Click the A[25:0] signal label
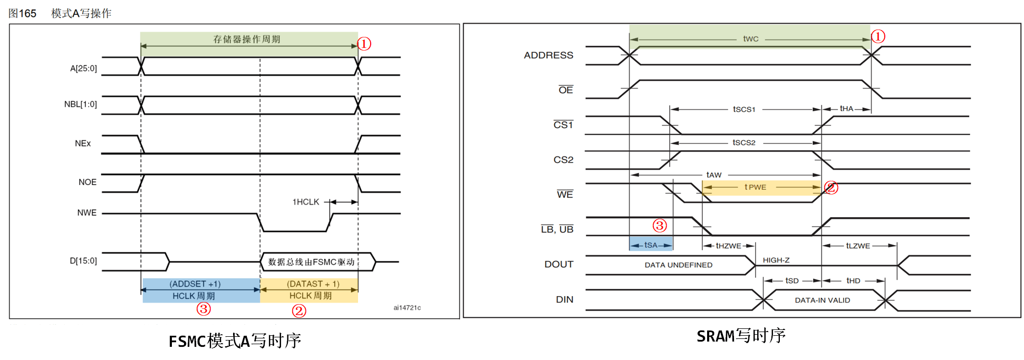tap(83, 69)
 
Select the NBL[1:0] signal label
tap(80, 104)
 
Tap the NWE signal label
tap(86, 213)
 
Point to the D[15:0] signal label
tap(83, 261)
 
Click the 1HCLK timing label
tap(306, 202)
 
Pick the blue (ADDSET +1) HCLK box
tap(201, 290)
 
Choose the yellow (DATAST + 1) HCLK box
tap(310, 290)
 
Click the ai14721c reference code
tap(407, 308)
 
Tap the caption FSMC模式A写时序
tap(235, 341)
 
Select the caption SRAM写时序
tap(741, 336)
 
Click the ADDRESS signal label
tap(548, 55)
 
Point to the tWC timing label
tap(751, 39)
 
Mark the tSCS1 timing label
tap(744, 110)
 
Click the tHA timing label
tap(846, 109)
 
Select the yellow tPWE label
tap(756, 187)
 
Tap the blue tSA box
tap(651, 245)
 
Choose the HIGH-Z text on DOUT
tap(776, 260)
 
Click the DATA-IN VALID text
tap(823, 300)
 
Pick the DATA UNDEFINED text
tap(678, 265)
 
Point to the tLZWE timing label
tap(858, 246)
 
